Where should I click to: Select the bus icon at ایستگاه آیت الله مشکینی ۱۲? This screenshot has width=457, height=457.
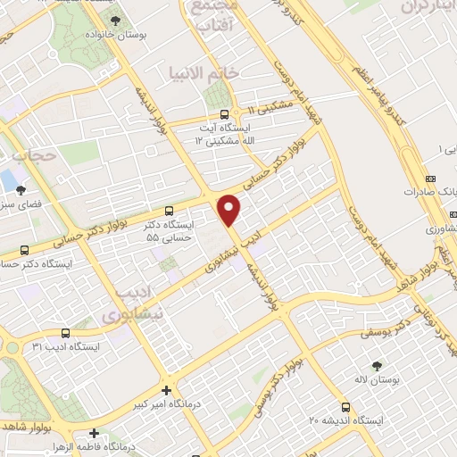point(224,114)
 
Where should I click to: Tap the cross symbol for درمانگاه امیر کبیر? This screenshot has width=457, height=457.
point(167,390)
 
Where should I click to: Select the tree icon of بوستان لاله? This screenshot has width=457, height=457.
point(376,365)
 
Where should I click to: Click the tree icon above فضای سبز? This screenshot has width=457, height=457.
point(21,189)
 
